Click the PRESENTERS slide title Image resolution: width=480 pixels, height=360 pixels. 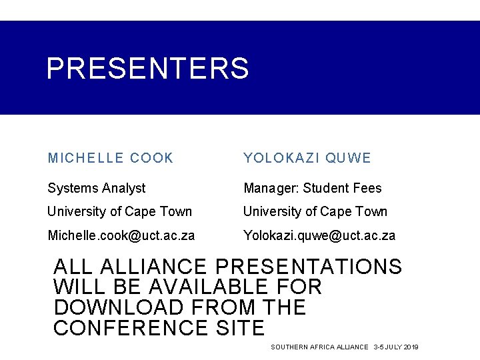point(147,68)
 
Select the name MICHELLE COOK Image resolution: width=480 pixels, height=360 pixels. point(110,158)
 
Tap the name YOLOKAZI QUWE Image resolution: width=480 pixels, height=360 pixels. point(307,158)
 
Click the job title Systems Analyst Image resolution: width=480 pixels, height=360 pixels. point(96,188)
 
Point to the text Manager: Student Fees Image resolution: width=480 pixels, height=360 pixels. point(312,188)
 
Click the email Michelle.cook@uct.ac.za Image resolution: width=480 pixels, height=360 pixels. point(121,235)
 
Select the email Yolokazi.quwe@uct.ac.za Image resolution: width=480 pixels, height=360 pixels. point(319,235)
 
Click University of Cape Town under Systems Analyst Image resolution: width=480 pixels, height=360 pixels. point(119,211)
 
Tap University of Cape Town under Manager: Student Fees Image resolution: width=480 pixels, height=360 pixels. point(315,211)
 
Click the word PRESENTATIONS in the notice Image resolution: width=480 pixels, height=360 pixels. point(309,267)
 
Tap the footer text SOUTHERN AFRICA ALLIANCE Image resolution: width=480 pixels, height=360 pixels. point(319,347)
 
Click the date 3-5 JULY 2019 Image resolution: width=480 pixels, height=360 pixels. point(396,347)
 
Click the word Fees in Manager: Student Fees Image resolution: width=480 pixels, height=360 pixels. point(367,188)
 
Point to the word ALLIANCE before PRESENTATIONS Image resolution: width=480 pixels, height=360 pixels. point(157,267)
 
